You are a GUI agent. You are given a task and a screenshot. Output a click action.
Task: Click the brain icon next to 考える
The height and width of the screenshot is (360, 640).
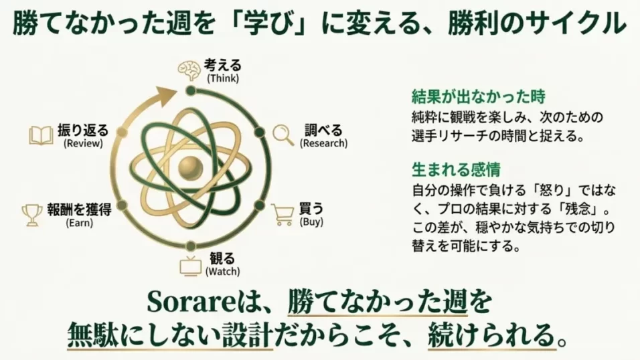189,70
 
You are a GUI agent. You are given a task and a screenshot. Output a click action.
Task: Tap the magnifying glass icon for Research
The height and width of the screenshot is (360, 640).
283,134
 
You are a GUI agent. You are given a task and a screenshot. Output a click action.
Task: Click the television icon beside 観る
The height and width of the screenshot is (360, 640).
190,265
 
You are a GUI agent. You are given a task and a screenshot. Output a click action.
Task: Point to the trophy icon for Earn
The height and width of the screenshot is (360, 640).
31,213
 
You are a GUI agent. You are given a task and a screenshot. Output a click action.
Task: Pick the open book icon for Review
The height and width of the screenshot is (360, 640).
41,135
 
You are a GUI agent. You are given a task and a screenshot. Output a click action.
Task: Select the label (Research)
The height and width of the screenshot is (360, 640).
324,143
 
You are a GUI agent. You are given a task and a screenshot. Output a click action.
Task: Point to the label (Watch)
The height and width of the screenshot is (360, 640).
222,272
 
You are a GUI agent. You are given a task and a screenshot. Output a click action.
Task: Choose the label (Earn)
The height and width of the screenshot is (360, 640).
79,222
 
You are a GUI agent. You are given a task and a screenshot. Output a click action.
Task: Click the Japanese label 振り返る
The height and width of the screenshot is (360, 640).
83,130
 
